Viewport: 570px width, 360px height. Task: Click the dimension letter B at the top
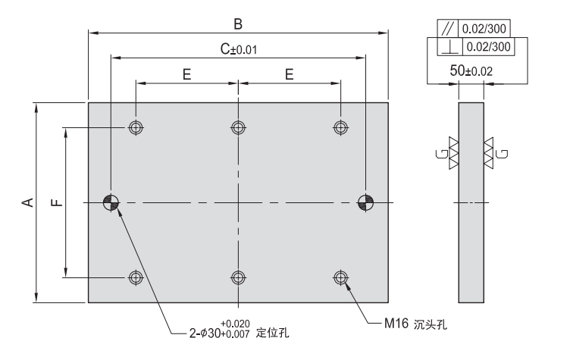237,24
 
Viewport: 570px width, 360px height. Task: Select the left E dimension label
186,75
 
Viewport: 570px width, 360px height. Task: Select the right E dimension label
289,75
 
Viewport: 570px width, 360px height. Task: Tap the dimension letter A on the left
26,202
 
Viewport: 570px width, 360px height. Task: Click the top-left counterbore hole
136,127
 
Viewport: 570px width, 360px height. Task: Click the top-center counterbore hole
238,127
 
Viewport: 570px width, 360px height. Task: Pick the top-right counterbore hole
340,127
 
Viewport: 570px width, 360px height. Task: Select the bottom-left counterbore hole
136,277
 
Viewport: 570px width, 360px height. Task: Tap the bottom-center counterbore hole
238,277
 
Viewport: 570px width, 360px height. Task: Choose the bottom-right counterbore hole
340,277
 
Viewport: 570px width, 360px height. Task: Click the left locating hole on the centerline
111,202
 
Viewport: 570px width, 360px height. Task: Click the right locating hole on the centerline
365,202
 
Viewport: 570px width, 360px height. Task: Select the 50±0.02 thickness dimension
470,70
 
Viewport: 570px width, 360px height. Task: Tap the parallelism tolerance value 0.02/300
484,29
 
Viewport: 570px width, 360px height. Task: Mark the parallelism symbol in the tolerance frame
446,29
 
